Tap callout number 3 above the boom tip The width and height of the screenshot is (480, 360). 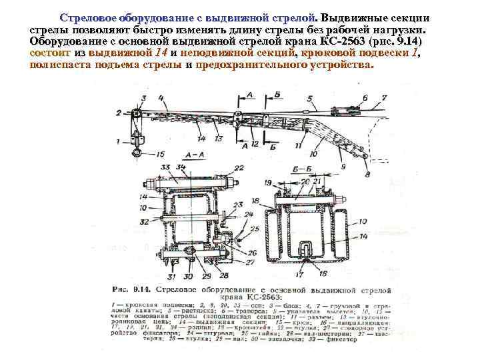[x=119, y=99]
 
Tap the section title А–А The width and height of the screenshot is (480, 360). [x=179, y=154]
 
